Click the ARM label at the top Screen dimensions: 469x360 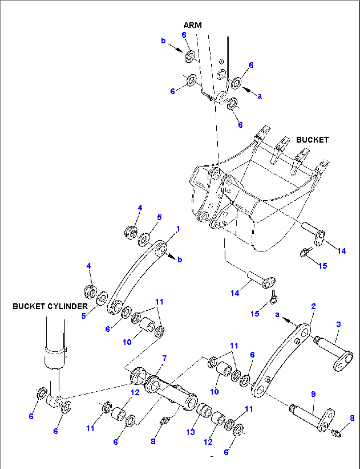coord(193,25)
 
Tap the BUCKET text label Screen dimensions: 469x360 coord(312,140)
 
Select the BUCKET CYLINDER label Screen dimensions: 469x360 coord(50,306)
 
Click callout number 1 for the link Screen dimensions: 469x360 coord(178,229)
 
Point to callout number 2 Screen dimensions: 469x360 coord(313,306)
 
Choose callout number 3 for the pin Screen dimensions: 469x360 coord(339,324)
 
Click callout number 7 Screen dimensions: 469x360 coord(164,358)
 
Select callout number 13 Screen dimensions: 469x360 coord(191,432)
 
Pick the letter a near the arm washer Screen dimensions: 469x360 coord(260,96)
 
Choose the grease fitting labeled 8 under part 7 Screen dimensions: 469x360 coord(164,421)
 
